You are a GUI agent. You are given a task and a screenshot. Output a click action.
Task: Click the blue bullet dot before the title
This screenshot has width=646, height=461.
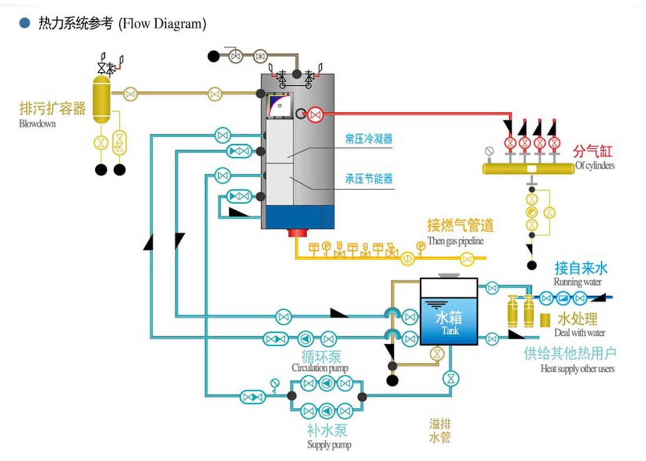24,24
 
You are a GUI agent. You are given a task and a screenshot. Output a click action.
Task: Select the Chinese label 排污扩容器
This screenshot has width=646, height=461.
52,109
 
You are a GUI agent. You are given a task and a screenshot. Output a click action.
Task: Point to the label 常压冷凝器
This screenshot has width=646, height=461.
369,140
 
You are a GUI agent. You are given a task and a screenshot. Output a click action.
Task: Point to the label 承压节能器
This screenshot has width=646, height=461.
369,178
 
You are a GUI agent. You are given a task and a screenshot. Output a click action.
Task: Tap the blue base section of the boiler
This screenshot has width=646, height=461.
298,216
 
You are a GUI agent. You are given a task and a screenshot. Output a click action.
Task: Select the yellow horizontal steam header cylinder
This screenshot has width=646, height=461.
528,168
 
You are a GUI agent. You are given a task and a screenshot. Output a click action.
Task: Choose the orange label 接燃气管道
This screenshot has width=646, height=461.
460,226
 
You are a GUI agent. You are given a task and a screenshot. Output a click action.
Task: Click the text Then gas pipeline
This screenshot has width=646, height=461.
455,241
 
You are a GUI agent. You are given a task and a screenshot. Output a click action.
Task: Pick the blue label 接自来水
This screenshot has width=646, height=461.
581,269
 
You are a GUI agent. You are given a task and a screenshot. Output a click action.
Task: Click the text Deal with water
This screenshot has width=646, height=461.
580,333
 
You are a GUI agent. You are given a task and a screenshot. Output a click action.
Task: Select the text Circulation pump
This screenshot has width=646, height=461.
320,368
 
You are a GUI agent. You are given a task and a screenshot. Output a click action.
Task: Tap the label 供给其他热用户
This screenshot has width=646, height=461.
570,354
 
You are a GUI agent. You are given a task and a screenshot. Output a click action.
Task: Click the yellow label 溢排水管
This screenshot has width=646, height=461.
440,431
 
